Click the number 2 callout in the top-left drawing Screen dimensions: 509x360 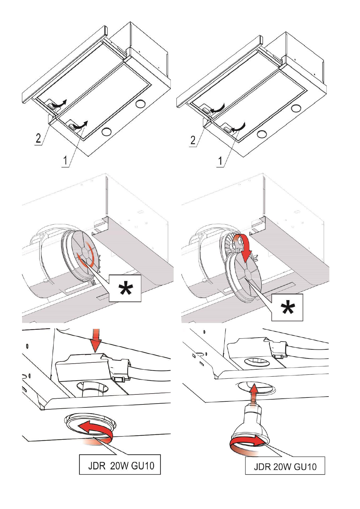tap(38, 139)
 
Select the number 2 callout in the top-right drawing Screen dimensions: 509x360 tap(193, 140)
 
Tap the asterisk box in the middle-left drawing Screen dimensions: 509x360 tap(125, 288)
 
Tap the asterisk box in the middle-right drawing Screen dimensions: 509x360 tap(287, 307)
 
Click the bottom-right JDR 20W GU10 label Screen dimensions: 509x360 tap(285, 467)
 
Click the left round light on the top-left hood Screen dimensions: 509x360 tap(106, 131)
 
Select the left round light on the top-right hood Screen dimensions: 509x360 tap(261, 133)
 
